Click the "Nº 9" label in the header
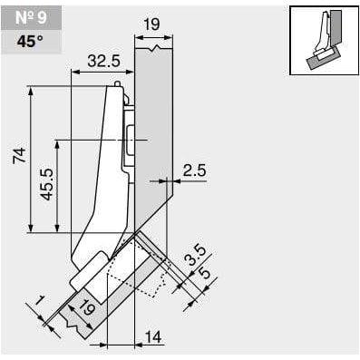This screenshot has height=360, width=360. (x=31, y=17)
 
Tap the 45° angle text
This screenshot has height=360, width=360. (x=30, y=42)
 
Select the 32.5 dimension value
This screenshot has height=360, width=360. (x=104, y=61)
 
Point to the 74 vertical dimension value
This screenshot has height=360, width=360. (x=20, y=155)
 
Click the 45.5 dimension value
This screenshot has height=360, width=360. (x=47, y=184)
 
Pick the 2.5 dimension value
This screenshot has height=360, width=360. (x=195, y=170)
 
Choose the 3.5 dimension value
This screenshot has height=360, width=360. (x=196, y=256)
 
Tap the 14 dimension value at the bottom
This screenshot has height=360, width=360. (x=153, y=336)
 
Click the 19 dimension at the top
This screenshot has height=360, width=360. (x=151, y=24)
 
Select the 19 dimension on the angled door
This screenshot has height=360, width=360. (x=87, y=308)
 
